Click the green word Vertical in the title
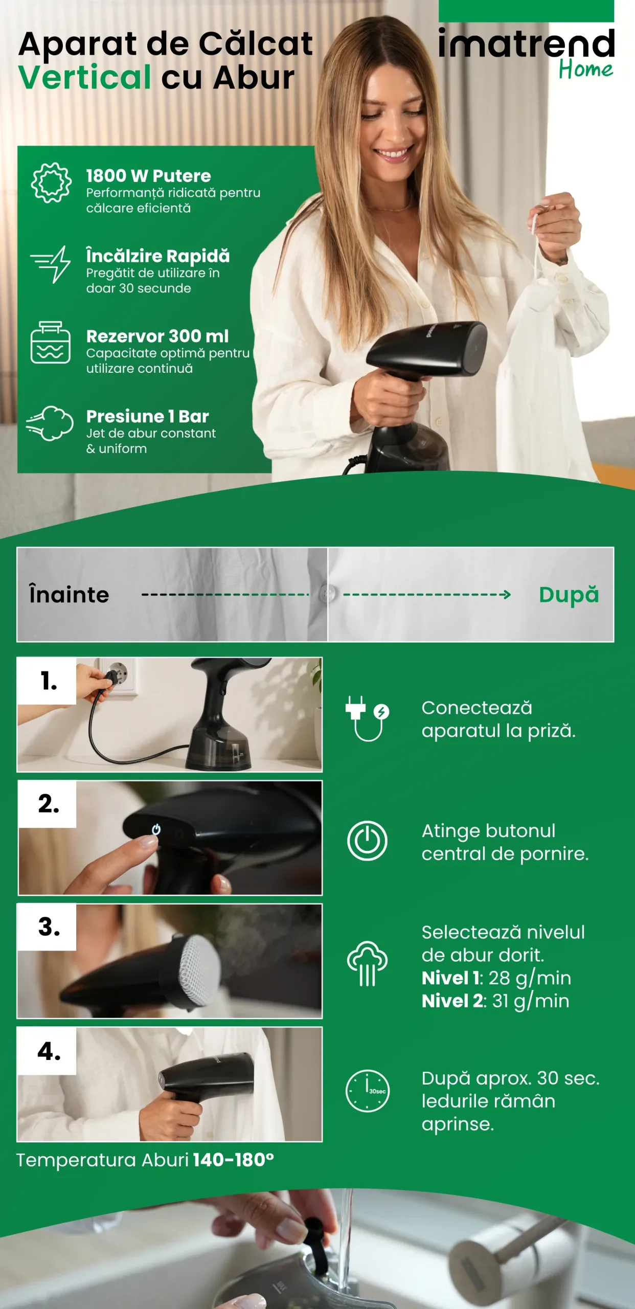(x=85, y=77)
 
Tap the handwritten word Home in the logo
(x=585, y=69)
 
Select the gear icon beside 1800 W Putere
(x=51, y=183)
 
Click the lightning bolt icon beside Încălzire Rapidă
(x=51, y=264)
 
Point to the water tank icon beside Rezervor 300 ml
(x=50, y=343)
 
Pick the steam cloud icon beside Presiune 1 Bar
(x=50, y=423)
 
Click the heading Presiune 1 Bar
(x=147, y=416)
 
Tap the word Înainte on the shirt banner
(x=69, y=594)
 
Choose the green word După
(x=569, y=595)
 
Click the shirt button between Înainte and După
(x=327, y=594)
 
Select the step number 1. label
(x=49, y=681)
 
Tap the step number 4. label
(x=49, y=1051)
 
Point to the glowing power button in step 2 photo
(x=156, y=829)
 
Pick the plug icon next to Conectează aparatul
(x=367, y=718)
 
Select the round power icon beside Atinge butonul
(x=367, y=841)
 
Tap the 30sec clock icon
(x=367, y=1090)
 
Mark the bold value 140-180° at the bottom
(x=233, y=1160)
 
